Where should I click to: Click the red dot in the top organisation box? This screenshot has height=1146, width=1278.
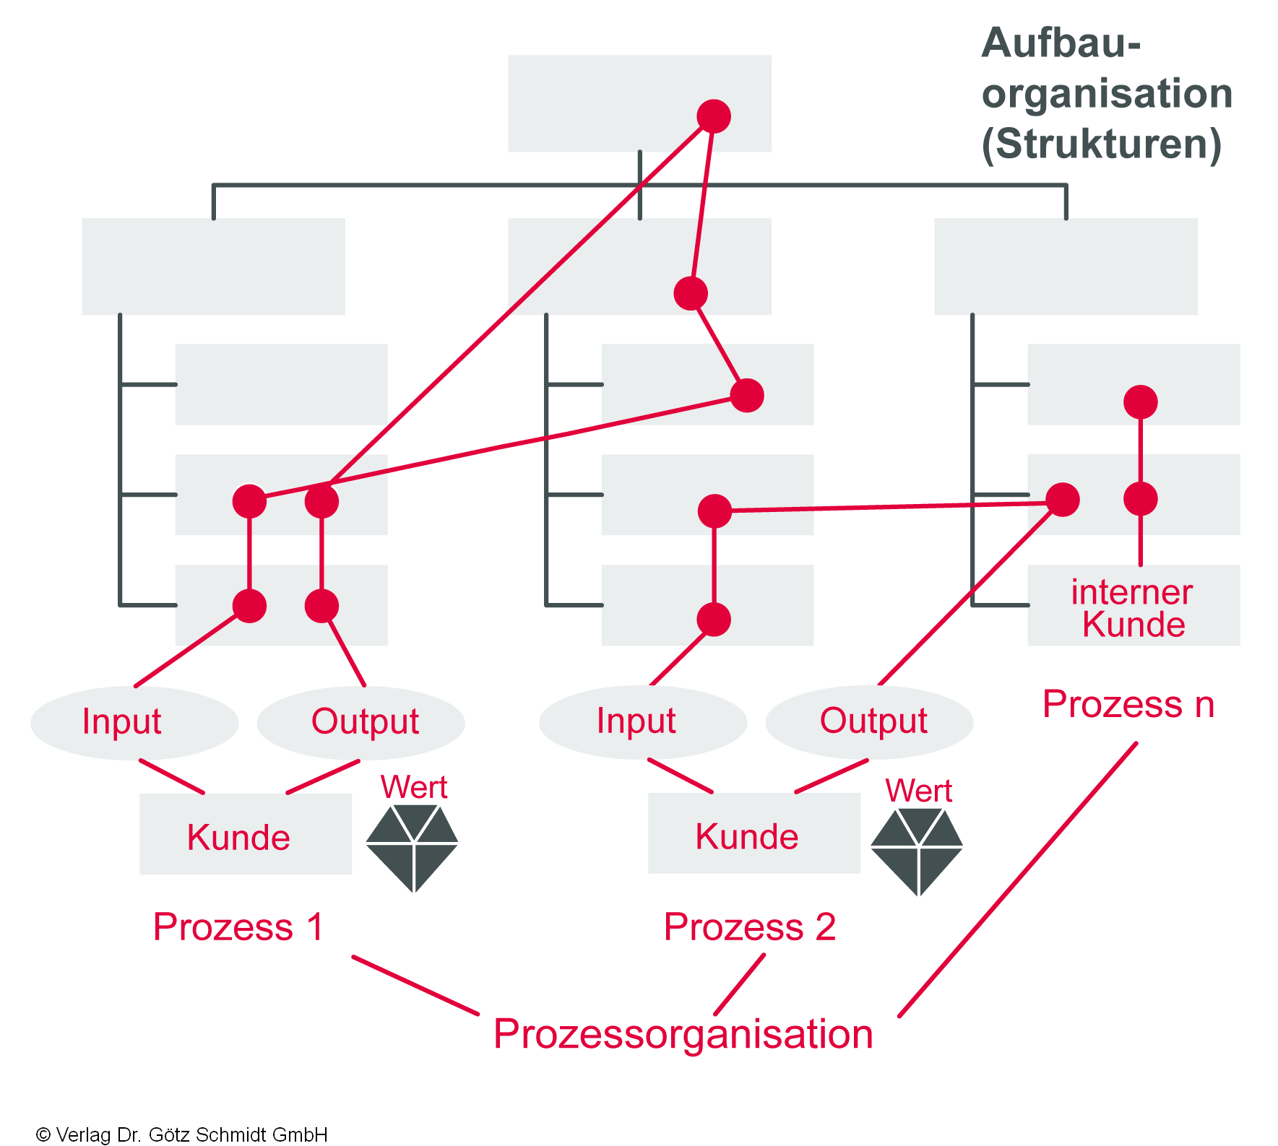[x=714, y=116]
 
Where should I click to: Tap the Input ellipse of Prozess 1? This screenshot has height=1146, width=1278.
[x=134, y=722]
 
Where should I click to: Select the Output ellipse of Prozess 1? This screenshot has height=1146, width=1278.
[x=361, y=722]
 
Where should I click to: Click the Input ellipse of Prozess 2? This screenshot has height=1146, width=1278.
[x=642, y=721]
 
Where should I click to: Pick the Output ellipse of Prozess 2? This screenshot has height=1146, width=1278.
[x=870, y=721]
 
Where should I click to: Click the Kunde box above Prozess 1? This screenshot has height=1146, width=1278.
[x=245, y=835]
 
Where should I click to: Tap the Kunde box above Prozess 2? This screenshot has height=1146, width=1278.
[x=754, y=834]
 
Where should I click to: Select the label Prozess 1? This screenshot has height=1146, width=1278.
[x=239, y=926]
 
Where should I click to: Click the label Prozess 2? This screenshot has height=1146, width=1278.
[x=750, y=926]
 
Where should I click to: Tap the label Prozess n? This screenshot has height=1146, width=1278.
[x=1128, y=704]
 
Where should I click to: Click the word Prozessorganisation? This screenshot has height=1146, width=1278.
[x=683, y=1033]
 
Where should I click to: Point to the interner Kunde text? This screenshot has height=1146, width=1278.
[x=1132, y=608]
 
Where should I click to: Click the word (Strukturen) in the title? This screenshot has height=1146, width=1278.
[x=1101, y=144]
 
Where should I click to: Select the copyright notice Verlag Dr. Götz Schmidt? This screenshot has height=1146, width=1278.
[x=182, y=1134]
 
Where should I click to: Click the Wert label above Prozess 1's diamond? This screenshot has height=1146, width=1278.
[x=414, y=786]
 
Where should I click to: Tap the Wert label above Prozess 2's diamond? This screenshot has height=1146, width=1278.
[x=918, y=790]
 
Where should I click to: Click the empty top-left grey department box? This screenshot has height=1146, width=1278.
[x=213, y=266]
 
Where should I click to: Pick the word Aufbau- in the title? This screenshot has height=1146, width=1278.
[x=1061, y=43]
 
